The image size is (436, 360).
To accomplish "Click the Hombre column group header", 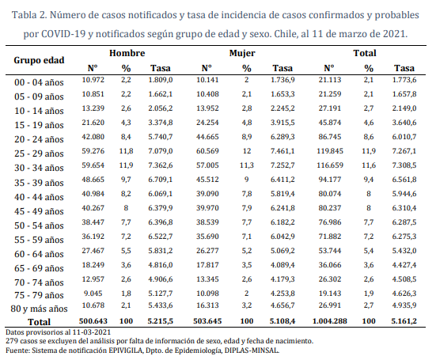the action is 127,53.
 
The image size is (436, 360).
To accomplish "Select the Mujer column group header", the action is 242,53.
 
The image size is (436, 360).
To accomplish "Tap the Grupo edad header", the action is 39,60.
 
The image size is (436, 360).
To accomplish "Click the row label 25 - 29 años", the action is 39,153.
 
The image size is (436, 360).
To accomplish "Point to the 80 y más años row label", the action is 39,309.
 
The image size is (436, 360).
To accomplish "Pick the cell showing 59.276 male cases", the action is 93,151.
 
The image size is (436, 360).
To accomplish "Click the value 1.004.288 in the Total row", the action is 330,321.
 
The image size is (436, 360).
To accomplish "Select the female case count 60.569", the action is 207,151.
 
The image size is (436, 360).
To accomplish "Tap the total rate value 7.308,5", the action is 404,165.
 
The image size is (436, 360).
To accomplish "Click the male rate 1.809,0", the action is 161,80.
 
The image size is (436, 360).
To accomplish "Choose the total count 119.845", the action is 330,151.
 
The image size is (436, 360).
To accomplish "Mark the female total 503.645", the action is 207,321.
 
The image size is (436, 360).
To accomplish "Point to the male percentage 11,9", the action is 126,165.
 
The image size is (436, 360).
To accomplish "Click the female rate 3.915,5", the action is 282,123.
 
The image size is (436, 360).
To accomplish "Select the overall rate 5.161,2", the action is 404,321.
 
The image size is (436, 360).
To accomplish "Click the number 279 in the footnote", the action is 11,341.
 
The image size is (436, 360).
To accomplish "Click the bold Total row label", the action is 39,322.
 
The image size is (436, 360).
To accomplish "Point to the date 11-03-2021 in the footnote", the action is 92,332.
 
